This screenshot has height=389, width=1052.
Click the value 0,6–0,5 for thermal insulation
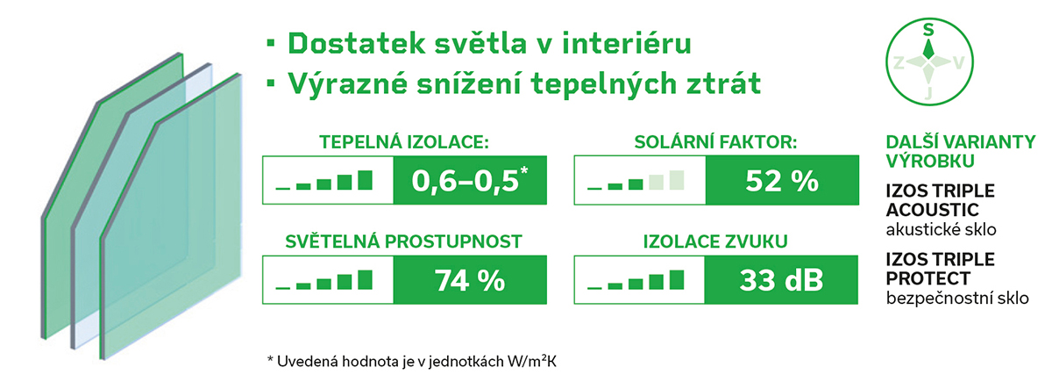[466, 181]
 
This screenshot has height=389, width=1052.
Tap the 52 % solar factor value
[782, 181]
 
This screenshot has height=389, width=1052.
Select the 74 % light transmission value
[470, 281]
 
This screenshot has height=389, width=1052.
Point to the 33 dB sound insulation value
[781, 280]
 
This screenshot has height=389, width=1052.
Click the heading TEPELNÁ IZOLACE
[404, 142]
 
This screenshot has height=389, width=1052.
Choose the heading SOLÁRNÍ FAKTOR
[715, 142]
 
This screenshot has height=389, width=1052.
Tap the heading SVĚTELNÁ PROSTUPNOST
[403, 241]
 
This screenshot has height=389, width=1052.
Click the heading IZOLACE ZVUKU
[715, 241]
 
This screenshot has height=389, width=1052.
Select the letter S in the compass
[928, 30]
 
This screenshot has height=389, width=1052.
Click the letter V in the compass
[958, 62]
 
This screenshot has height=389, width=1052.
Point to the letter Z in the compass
[899, 62]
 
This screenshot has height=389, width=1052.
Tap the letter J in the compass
[928, 93]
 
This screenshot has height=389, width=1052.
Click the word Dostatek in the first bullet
[357, 44]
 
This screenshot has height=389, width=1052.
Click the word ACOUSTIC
[932, 210]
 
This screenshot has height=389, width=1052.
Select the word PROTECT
[928, 278]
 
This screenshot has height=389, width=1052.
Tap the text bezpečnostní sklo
[957, 299]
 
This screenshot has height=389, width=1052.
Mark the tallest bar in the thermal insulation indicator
[365, 180]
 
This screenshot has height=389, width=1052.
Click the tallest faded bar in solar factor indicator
[677, 180]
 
